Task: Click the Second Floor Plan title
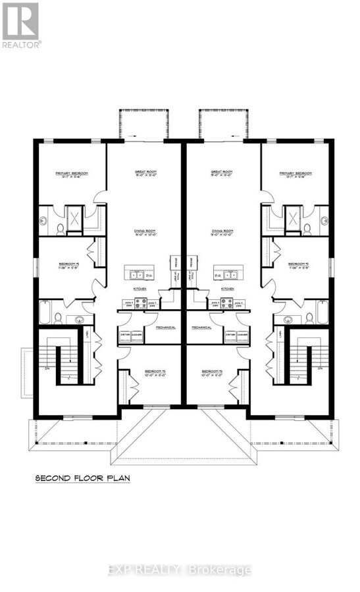click(x=82, y=480)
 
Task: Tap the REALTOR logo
click(x=21, y=24)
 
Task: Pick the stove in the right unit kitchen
click(x=228, y=303)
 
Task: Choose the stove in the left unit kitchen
click(x=140, y=303)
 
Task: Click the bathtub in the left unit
click(x=44, y=310)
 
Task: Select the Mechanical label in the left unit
click(x=165, y=326)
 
